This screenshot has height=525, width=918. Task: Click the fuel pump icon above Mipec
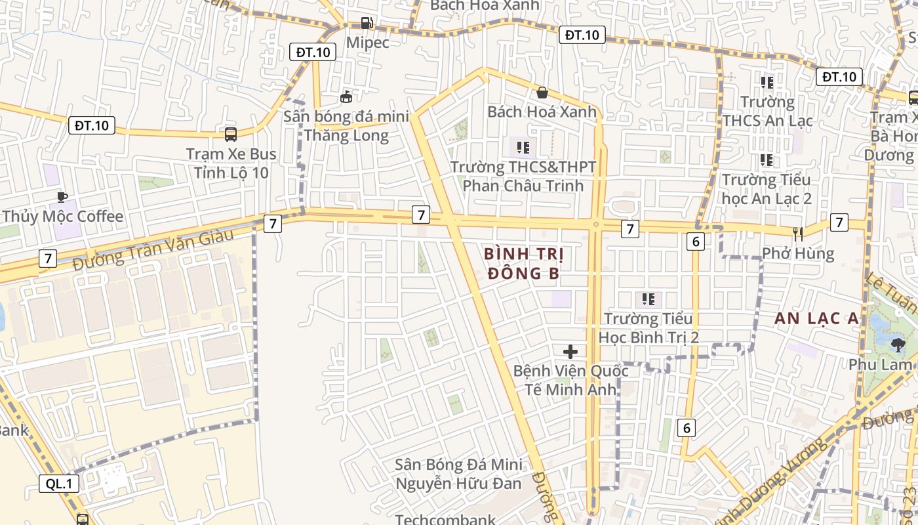(367, 23)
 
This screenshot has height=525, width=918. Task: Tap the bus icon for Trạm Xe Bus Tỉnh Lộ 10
(231, 135)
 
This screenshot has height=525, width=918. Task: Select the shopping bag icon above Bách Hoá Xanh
(542, 93)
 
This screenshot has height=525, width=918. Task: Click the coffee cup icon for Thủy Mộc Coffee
(62, 197)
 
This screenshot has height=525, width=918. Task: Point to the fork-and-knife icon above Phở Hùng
(798, 234)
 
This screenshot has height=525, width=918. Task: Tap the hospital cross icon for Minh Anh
(570, 351)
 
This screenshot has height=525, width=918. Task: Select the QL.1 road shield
(59, 484)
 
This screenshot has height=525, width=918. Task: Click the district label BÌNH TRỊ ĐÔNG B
(524, 263)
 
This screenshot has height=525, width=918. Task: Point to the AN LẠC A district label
(816, 318)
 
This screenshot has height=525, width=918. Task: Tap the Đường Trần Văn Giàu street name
(153, 249)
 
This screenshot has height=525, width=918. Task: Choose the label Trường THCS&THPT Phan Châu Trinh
(523, 176)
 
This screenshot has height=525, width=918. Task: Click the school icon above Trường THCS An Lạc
(767, 82)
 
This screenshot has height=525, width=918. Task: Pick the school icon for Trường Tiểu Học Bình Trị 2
(649, 300)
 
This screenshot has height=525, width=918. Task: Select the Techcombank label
(445, 520)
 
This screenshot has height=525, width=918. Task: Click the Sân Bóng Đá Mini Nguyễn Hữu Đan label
(458, 474)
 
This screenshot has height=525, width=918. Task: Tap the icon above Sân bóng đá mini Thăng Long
(346, 97)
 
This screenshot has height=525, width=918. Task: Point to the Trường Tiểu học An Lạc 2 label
(767, 188)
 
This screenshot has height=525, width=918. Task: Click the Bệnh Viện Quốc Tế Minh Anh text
(570, 380)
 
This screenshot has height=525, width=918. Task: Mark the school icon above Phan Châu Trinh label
(523, 147)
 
